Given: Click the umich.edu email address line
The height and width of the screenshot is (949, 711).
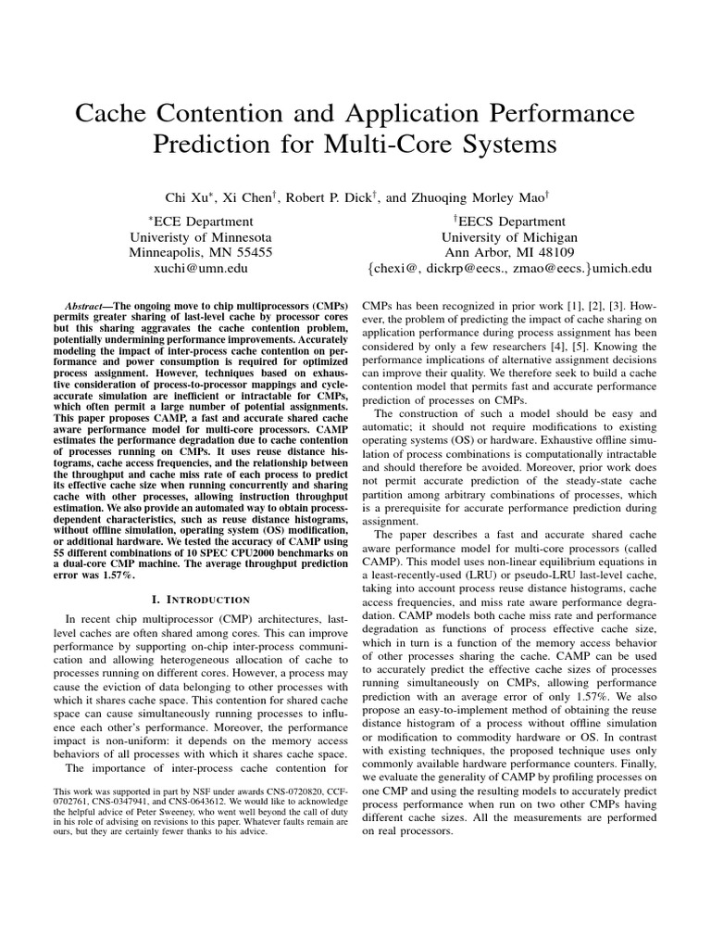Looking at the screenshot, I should pos(508,267).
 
